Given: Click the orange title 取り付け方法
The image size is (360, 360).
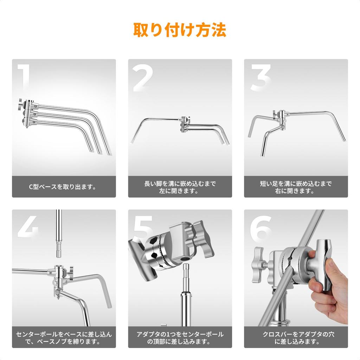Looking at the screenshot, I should [180, 30].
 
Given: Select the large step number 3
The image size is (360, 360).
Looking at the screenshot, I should [260, 78].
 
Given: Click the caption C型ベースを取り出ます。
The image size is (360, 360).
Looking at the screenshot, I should [64, 187].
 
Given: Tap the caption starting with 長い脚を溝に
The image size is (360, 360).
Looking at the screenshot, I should [180, 187].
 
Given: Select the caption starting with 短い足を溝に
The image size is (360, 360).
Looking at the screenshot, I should [296, 187].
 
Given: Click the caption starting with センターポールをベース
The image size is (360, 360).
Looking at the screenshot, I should [64, 337].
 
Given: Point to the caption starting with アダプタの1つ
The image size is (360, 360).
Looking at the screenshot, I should [180, 337].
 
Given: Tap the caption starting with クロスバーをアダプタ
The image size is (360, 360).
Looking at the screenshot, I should [296, 337].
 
